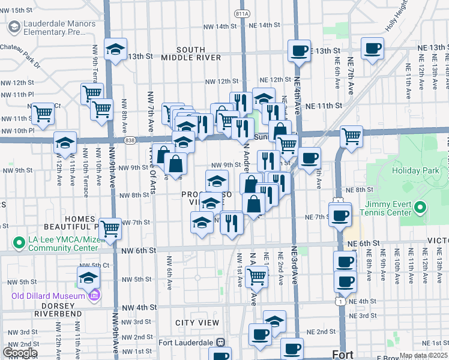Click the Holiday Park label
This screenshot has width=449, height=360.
(415, 171)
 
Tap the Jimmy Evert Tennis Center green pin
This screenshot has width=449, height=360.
(420, 209)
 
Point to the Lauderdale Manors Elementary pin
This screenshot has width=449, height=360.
(13, 26)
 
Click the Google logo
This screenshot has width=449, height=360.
(20, 353)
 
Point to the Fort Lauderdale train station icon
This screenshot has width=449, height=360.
(221, 343)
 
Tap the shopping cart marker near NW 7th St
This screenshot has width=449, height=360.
(110, 229)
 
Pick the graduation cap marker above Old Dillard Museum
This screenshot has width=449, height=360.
(88, 277)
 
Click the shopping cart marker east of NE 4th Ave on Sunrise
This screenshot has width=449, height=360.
(351, 135)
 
